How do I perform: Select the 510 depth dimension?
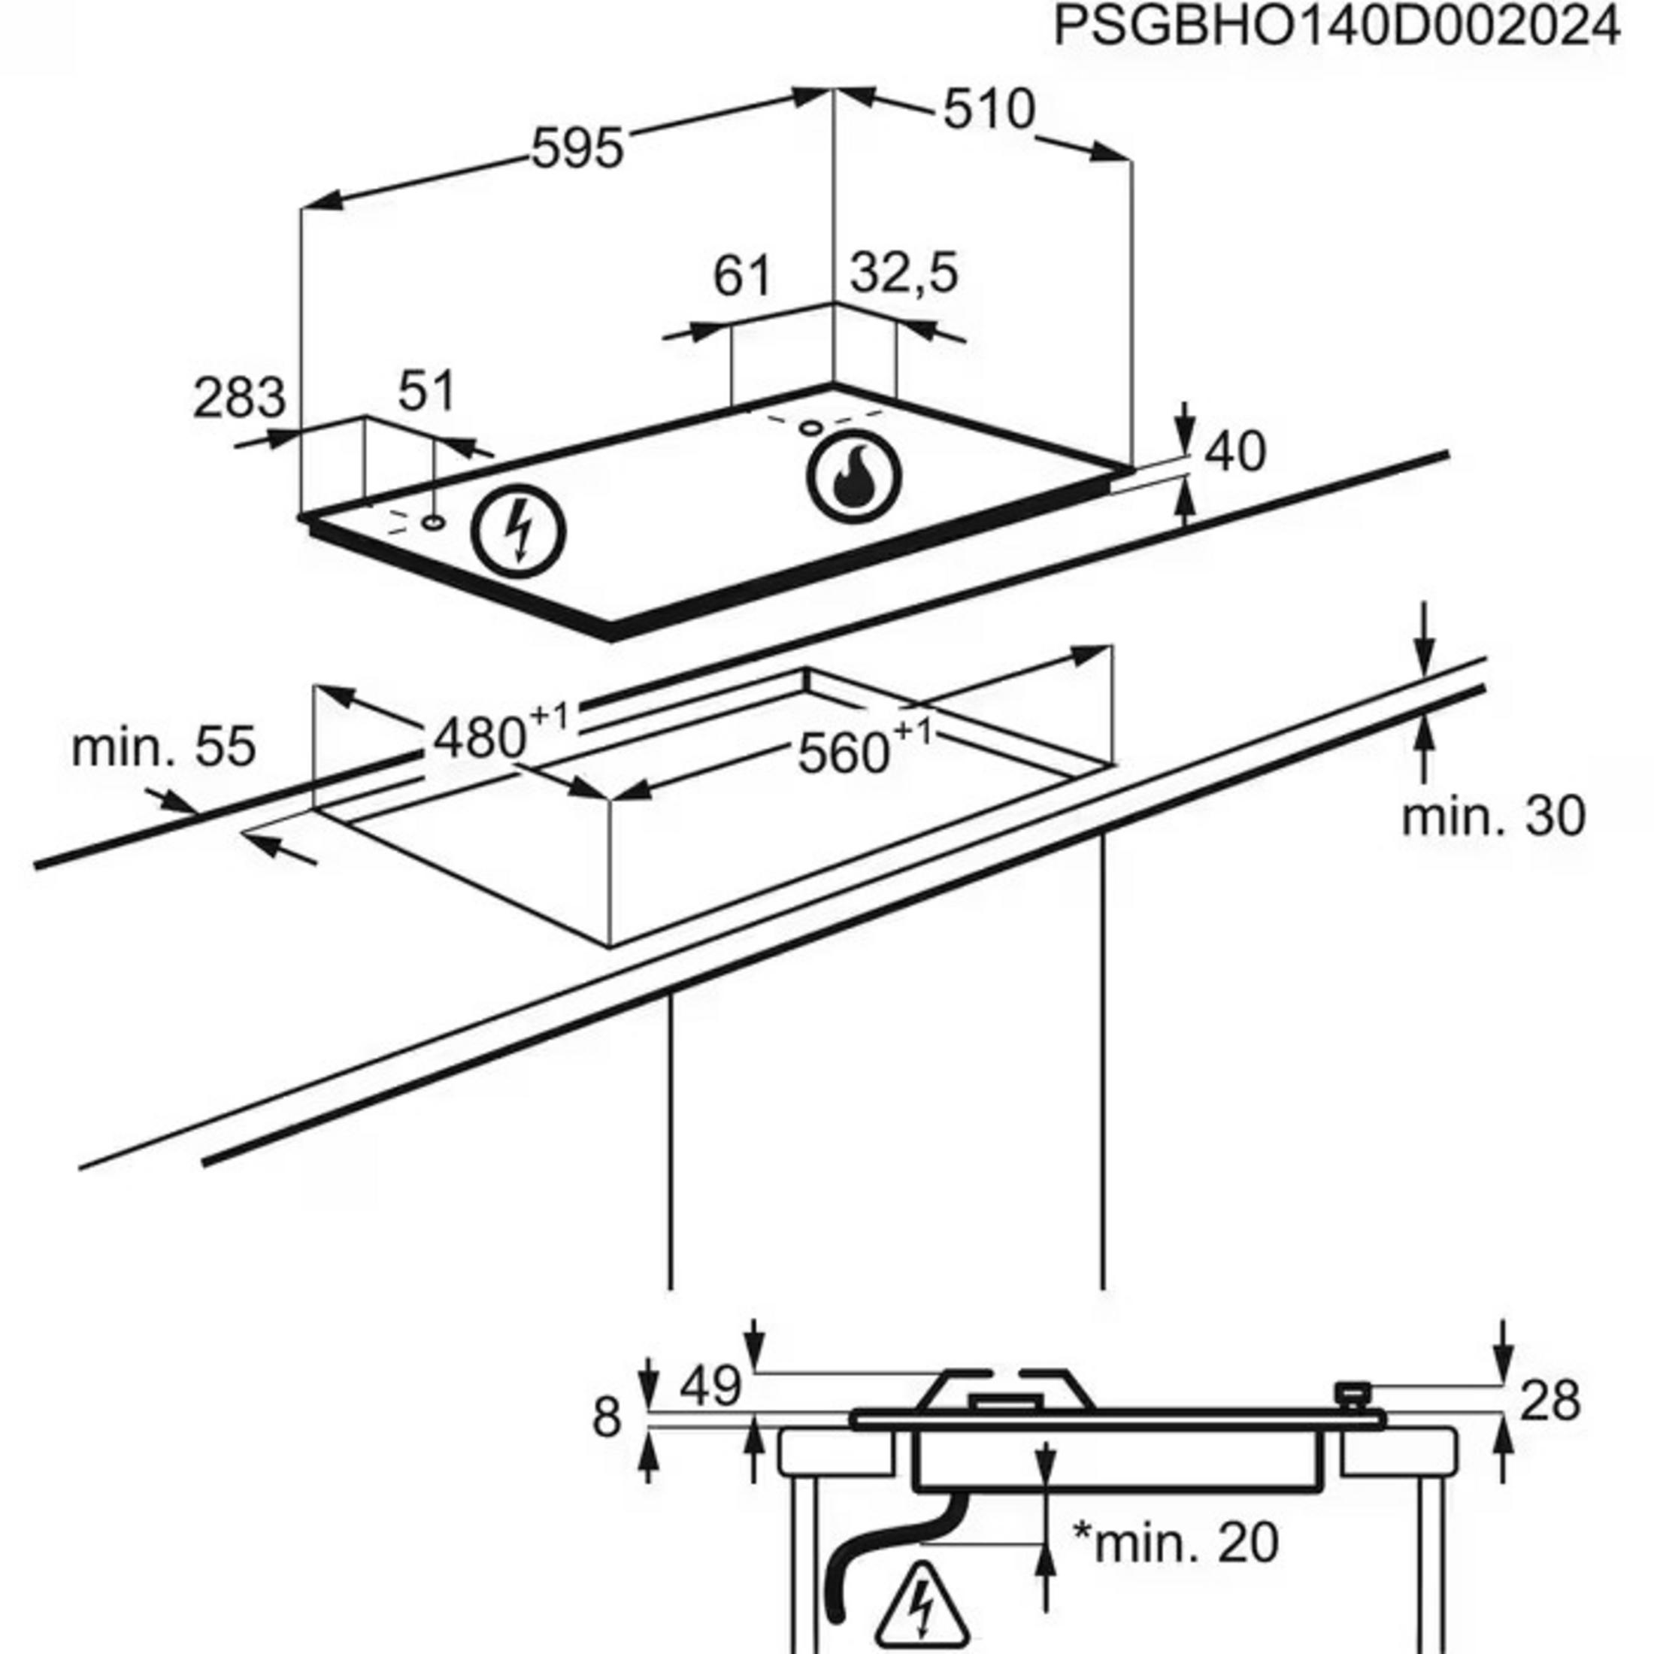(x=989, y=111)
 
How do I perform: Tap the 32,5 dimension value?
(x=904, y=274)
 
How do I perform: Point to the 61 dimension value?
(x=741, y=276)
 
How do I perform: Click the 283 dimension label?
(x=239, y=399)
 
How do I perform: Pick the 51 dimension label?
(x=426, y=392)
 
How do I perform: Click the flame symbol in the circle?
(x=853, y=477)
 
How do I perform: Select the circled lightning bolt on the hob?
(x=519, y=531)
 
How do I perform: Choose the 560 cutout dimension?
(x=844, y=754)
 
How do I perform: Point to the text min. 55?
(x=163, y=747)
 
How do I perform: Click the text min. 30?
(x=1493, y=816)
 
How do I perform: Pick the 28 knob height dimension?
(x=1549, y=1402)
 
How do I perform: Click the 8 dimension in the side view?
(x=606, y=1419)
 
